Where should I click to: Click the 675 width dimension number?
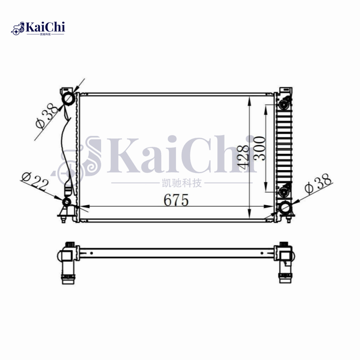pos(175,200)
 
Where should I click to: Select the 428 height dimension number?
pos(243,156)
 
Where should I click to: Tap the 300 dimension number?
pos(260,148)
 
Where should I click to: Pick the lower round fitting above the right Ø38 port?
pos(284,192)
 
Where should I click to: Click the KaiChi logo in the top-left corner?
pos(38,28)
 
